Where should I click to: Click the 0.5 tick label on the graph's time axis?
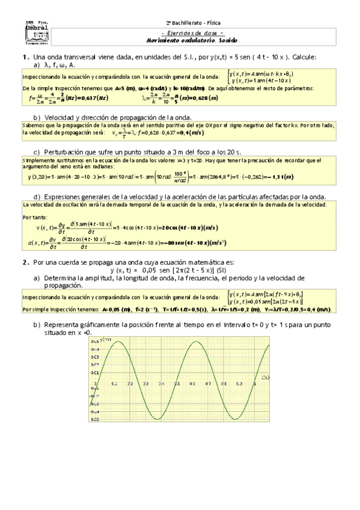[177, 384]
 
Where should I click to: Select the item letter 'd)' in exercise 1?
[37, 197]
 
